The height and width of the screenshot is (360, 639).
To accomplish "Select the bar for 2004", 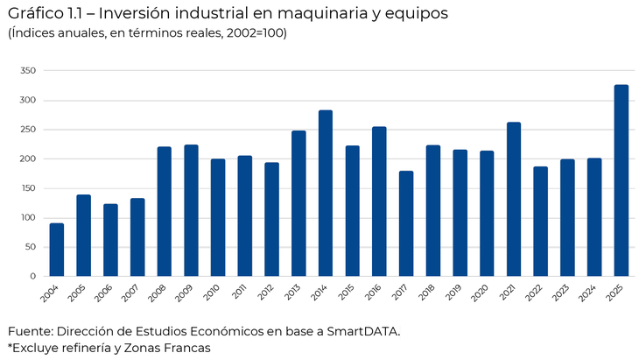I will coord(57,250).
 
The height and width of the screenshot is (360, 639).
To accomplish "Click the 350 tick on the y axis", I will coord(27,71).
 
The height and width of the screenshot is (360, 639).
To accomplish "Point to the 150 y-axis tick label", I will coord(27,188).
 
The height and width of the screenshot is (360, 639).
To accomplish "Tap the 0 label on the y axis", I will coord(32,276).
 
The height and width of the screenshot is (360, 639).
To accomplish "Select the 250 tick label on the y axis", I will coord(27,130).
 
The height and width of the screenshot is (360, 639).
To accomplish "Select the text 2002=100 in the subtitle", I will coord(249,33).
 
